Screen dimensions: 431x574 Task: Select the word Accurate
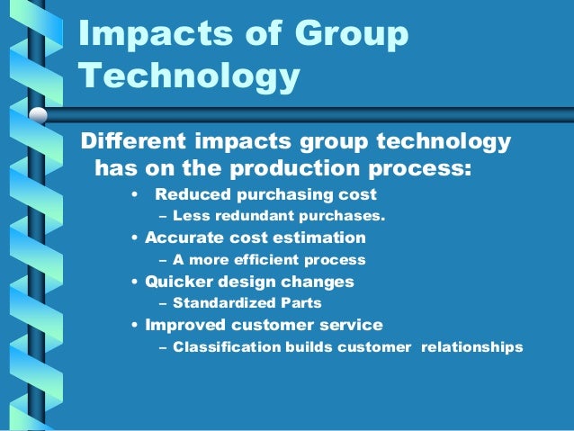183,238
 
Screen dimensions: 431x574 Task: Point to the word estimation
324,238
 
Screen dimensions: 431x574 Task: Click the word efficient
264,259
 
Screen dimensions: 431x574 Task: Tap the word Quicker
178,281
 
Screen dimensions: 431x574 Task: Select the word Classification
225,346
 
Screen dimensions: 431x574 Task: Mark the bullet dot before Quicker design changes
134,282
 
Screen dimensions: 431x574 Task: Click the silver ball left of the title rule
39,115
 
